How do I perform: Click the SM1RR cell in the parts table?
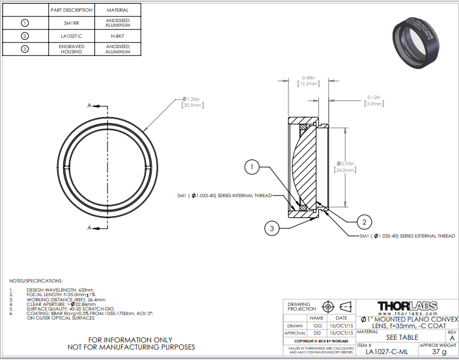[x=72, y=22]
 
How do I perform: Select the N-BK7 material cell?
[x=117, y=35]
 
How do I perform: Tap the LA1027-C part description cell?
[x=72, y=35]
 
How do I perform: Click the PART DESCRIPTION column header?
[x=72, y=10]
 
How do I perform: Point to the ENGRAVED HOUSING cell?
[x=72, y=49]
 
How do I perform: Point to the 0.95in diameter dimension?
[x=346, y=167]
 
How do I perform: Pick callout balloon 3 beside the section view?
[x=273, y=227]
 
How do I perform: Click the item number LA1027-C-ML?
[x=387, y=352]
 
